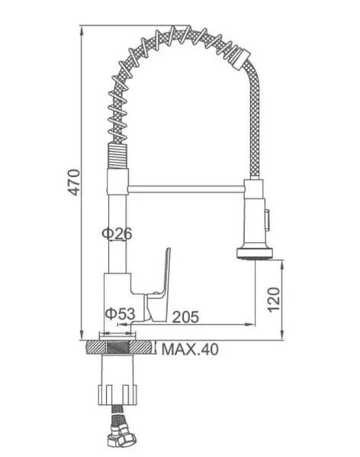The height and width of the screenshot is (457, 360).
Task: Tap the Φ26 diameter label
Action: click(x=117, y=233)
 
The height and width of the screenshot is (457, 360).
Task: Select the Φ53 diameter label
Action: click(x=121, y=314)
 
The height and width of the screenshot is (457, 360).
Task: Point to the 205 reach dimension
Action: click(x=185, y=317)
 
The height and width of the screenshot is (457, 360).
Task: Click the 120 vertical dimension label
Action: click(x=274, y=300)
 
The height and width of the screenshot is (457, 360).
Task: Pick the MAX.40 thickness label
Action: click(x=190, y=349)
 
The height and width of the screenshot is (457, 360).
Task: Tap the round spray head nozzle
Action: click(x=256, y=253)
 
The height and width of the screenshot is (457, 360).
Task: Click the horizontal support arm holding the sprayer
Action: click(x=186, y=189)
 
